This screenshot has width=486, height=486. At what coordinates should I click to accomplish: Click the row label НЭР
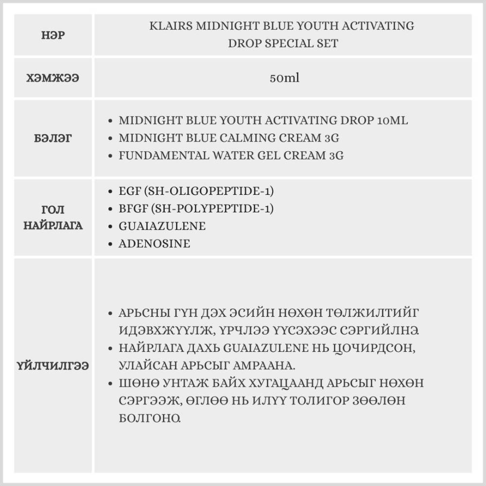pyautogui.click(x=53, y=35)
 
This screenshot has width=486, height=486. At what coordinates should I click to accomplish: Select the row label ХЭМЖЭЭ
pyautogui.click(x=53, y=78)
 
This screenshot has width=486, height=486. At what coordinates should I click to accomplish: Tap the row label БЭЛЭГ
pyautogui.click(x=53, y=138)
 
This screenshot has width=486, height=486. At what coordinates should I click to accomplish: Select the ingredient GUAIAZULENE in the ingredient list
pyautogui.click(x=162, y=226)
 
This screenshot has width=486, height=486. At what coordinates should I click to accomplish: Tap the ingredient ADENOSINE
pyautogui.click(x=154, y=243)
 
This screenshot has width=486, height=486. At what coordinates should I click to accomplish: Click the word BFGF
pyautogui.click(x=133, y=208)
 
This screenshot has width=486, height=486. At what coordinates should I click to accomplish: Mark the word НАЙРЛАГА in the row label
pyautogui.click(x=53, y=226)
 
